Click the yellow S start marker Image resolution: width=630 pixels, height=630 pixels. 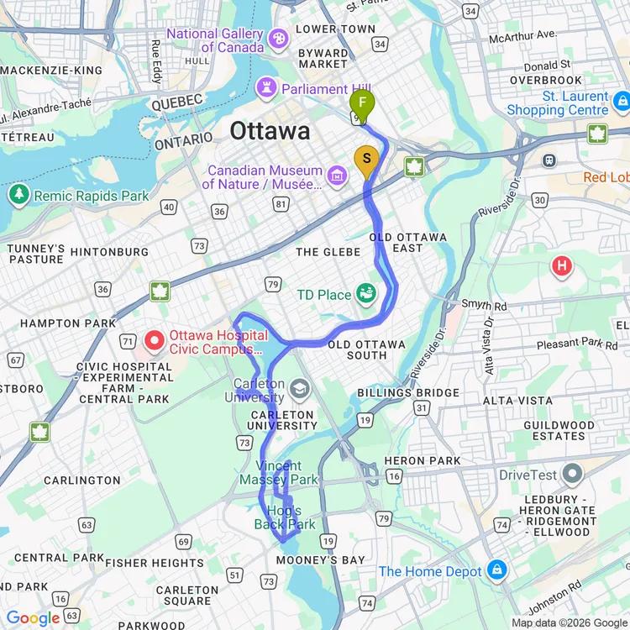366,159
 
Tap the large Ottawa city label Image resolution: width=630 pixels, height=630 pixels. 270,131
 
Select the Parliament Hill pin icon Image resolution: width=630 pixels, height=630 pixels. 268,87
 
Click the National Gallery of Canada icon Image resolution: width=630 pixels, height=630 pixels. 279,39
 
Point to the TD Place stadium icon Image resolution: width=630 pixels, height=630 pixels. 366,294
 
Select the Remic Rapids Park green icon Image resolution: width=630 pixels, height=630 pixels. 18,195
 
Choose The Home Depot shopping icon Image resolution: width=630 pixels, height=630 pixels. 497,570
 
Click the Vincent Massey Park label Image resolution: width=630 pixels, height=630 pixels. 279,473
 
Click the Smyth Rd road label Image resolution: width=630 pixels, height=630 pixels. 475,307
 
